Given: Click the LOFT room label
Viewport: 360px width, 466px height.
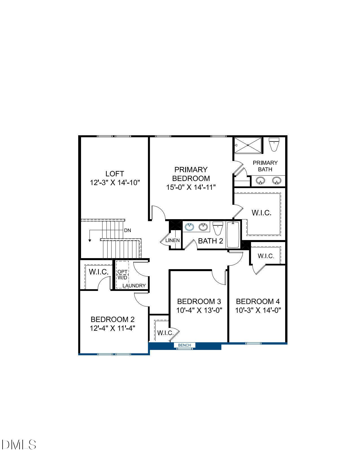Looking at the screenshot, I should pyautogui.click(x=115, y=174).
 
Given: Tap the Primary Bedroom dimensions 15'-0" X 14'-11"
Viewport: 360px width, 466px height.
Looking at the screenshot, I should pyautogui.click(x=191, y=187).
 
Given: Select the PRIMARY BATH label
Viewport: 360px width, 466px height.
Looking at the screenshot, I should pyautogui.click(x=265, y=166).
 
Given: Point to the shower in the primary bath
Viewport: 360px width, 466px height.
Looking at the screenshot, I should pyautogui.click(x=248, y=145).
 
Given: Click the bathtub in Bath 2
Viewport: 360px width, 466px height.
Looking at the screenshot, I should pyautogui.click(x=233, y=234).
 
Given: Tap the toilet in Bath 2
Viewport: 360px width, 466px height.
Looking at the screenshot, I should pyautogui.click(x=218, y=228).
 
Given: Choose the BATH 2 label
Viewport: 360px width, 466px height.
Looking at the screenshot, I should pyautogui.click(x=210, y=241).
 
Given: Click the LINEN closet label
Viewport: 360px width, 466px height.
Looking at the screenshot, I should pyautogui.click(x=173, y=241).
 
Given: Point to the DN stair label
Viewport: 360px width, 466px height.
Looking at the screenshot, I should pyautogui.click(x=128, y=230).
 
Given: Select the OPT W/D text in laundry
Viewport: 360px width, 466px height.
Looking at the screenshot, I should pyautogui.click(x=123, y=275).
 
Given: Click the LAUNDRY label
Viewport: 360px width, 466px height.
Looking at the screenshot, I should pyautogui.click(x=134, y=286).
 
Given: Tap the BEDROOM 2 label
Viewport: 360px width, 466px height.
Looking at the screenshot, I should pyautogui.click(x=112, y=319).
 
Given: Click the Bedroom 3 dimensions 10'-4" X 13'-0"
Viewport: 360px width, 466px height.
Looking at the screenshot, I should pyautogui.click(x=199, y=310).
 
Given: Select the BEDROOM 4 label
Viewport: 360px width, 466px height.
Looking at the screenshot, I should pyautogui.click(x=258, y=301).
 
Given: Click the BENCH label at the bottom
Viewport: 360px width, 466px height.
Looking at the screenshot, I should pyautogui.click(x=184, y=345).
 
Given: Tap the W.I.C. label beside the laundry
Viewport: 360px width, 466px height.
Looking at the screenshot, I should pyautogui.click(x=99, y=272).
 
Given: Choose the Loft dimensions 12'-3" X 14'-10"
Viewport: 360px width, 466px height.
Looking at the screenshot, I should pyautogui.click(x=115, y=183).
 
